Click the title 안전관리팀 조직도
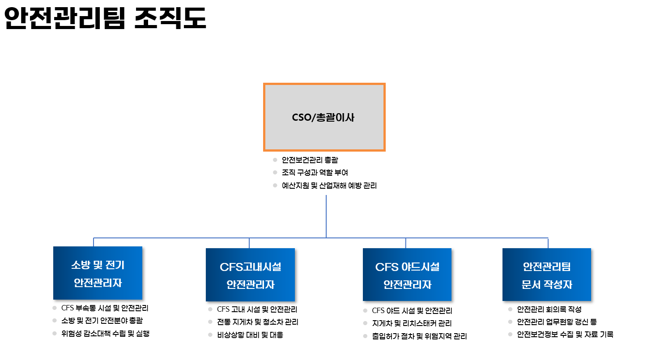105,18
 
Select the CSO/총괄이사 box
324,117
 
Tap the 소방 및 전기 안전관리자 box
98,273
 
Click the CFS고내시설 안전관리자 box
250,275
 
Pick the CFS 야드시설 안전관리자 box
407,275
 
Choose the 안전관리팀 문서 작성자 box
546,274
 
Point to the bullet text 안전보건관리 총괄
310,160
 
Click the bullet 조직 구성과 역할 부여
315,173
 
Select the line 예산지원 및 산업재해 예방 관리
329,186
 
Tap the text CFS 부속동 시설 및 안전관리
105,308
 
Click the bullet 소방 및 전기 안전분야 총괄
102,320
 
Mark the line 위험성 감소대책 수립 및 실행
106,333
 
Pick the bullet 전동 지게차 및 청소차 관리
258,322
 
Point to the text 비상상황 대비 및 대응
250,335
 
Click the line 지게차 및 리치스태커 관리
412,323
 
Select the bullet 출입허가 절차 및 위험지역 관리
419,336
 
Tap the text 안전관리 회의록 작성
549,309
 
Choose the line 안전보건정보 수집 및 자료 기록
565,334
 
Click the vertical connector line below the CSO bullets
326,216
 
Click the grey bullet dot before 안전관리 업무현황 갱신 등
510,322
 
